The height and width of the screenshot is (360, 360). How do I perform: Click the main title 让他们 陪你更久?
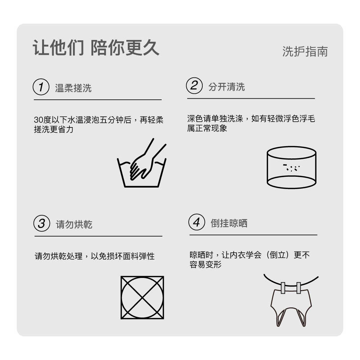coord(96,48)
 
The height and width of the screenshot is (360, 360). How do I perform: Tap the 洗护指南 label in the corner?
coord(305,51)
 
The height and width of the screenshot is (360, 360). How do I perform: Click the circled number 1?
coord(41,87)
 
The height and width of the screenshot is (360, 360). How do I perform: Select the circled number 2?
coord(194,86)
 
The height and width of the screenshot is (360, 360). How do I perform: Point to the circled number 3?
coord(42,223)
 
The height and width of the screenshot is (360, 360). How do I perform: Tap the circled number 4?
coord(197,222)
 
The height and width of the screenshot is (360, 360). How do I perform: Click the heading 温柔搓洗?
coord(73,88)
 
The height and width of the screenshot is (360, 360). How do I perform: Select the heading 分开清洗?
coord(226,87)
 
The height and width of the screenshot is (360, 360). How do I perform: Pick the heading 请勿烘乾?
coord(74,224)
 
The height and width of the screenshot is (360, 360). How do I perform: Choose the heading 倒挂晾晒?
coord(229,223)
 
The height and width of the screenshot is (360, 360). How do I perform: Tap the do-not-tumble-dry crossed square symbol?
coord(142,298)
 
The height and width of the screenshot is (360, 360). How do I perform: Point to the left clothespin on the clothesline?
coord(283,288)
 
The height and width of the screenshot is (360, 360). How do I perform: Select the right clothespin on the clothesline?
coord(299,288)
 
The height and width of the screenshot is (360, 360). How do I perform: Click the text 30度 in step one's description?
coord(42,120)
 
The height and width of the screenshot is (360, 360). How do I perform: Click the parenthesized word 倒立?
coord(278,255)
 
